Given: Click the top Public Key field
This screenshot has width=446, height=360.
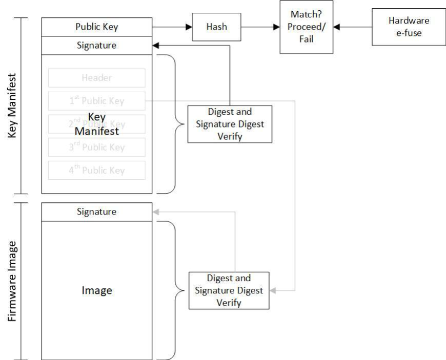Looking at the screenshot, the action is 96,27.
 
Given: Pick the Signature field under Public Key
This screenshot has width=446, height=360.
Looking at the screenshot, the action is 96,45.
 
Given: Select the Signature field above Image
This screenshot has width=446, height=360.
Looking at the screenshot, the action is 96,211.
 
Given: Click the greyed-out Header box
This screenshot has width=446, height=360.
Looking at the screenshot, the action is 96,78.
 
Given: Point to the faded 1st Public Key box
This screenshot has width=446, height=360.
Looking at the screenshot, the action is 96,101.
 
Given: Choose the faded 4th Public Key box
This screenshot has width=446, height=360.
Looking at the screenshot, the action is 96,171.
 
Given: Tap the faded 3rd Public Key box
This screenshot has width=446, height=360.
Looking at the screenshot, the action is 96,147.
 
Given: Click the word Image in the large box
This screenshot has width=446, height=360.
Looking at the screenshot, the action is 96,290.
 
